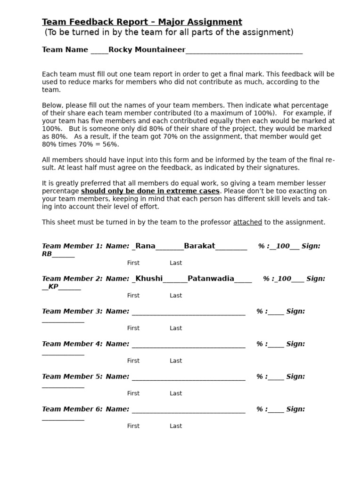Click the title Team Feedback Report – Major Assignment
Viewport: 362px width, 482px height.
(142, 22)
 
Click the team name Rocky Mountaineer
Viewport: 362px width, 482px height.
(147, 49)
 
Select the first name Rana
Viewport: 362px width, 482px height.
(145, 246)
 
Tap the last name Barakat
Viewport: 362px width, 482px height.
(199, 246)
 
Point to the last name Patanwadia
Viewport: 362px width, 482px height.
(211, 278)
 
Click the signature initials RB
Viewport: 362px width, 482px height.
(47, 254)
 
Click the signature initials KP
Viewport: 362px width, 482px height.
(53, 286)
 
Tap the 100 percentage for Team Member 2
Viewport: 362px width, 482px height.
(284, 278)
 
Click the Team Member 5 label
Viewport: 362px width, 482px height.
(72, 376)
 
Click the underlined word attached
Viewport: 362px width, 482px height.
(247, 222)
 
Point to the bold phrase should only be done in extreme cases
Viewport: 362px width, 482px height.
(150, 191)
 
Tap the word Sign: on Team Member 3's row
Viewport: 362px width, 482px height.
(296, 311)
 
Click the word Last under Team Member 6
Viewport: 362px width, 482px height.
(176, 426)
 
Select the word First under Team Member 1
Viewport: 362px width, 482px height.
(133, 263)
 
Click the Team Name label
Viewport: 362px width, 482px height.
(65, 49)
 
